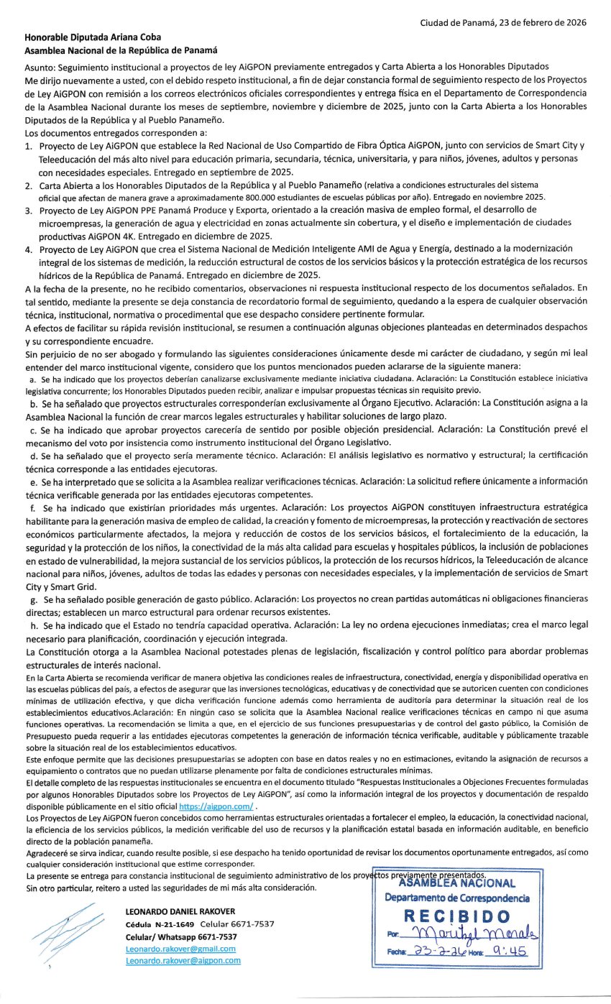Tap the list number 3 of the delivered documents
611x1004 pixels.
pyautogui.click(x=29, y=211)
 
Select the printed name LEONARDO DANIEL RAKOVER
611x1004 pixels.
pyautogui.click(x=180, y=911)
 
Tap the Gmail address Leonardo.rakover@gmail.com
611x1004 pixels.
pyautogui.click(x=180, y=949)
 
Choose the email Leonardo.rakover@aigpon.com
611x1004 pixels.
pyautogui.click(x=183, y=960)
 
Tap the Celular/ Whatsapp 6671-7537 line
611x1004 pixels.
pyautogui.click(x=181, y=936)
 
